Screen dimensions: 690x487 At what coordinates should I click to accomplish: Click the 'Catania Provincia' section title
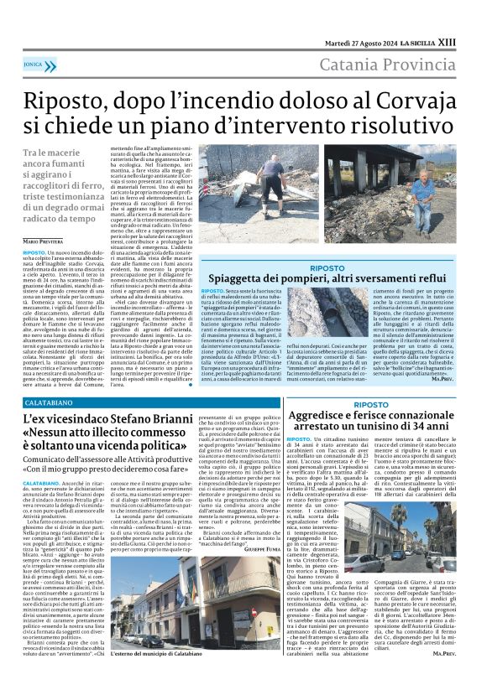(401, 65)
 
